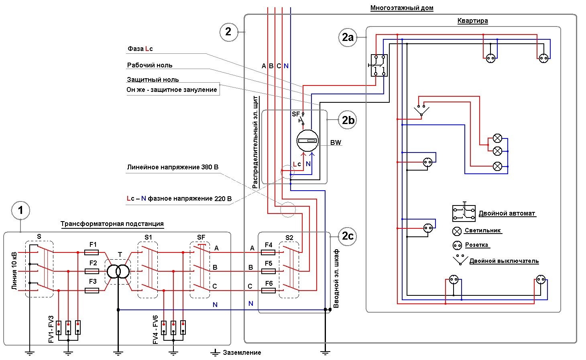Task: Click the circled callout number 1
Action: pos(20,210)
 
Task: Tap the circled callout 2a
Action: pos(348,37)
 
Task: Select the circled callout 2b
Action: pos(348,120)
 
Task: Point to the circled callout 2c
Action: pos(348,236)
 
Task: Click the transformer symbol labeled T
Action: pos(118,272)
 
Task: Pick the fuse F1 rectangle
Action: pos(92,252)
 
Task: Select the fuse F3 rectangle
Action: pos(92,291)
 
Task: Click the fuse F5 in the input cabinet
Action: pos(269,271)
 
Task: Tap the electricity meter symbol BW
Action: pos(307,141)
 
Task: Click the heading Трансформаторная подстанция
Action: pos(112,224)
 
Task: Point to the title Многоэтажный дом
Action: pos(401,8)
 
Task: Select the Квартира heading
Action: pos(472,20)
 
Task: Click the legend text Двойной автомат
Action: pos(507,213)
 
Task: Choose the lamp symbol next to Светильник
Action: pos(457,231)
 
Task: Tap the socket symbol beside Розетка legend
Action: pos(457,245)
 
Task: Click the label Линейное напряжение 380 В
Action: pos(173,167)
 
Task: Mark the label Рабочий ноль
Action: pos(150,65)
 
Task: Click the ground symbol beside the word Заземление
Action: pos(215,352)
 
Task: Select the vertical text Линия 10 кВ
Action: pos(14,271)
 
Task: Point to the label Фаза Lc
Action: pos(140,49)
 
